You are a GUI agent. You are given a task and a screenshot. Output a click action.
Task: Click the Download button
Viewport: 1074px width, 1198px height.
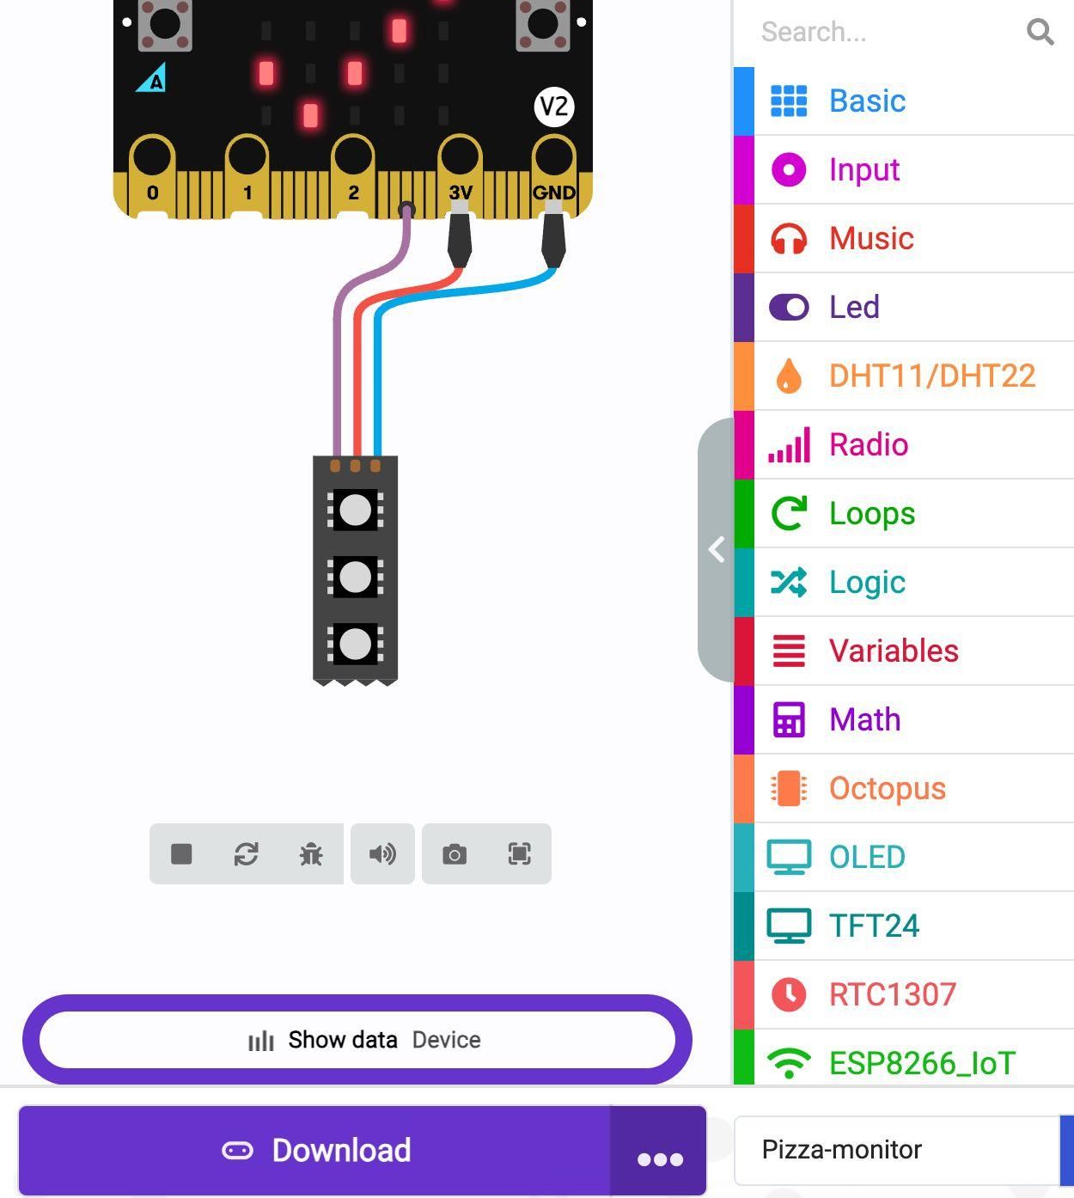(314, 1150)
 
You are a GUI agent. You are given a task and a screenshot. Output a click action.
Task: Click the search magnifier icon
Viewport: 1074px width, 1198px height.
(1040, 31)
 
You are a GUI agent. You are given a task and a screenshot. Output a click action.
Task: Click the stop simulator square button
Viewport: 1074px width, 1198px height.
(181, 854)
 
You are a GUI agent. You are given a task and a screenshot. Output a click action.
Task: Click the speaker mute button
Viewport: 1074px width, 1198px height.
(382, 854)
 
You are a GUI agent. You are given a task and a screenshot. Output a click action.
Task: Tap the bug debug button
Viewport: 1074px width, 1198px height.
(311, 854)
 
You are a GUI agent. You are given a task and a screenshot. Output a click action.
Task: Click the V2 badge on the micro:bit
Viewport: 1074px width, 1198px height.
(554, 107)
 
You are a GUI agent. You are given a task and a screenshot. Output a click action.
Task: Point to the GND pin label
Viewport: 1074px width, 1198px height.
(554, 193)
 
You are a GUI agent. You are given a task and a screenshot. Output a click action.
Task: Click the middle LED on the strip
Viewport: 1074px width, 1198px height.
(355, 577)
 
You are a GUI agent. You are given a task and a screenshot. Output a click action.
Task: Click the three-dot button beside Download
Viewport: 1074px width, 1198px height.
(659, 1150)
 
